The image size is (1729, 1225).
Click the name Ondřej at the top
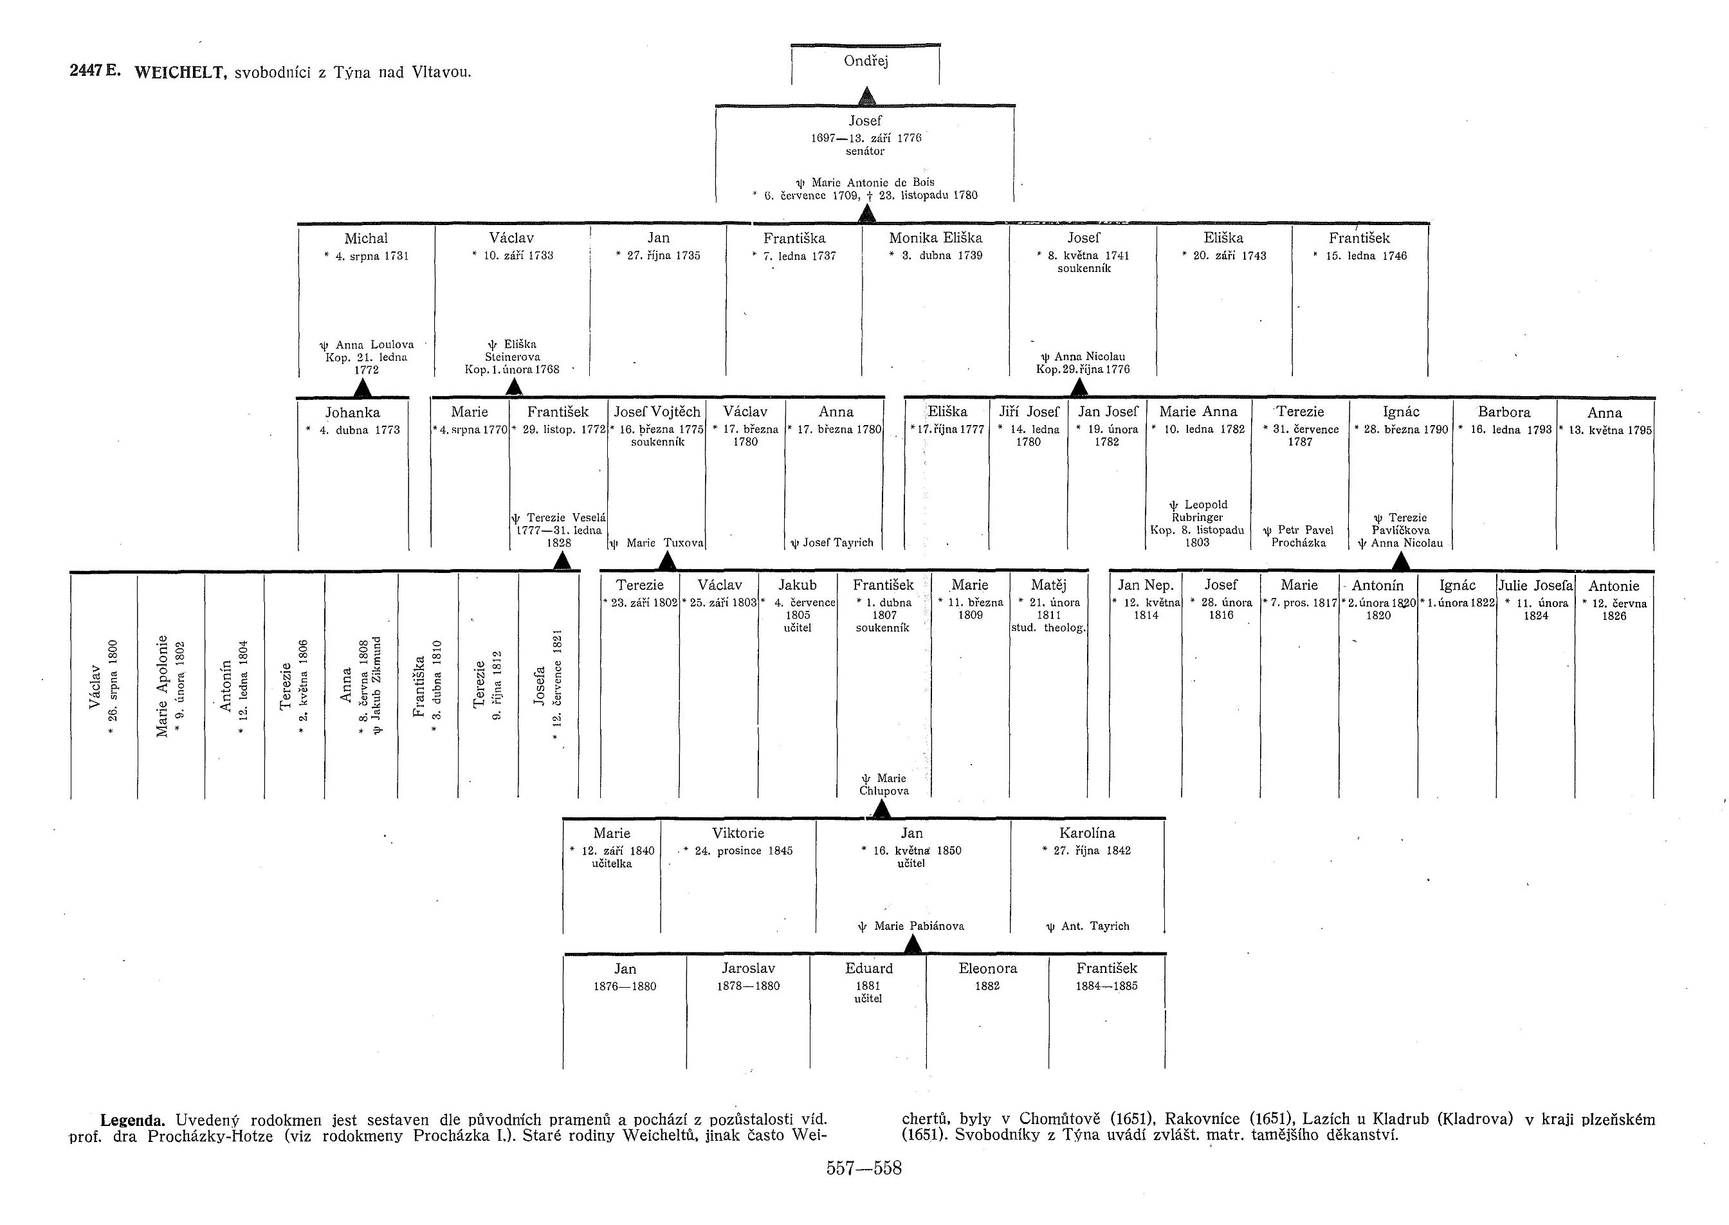click(x=865, y=62)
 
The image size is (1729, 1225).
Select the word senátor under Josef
click(x=864, y=152)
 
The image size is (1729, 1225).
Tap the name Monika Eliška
click(x=935, y=239)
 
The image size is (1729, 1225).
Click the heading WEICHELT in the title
click(x=180, y=73)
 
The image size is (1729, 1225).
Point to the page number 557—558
click(x=864, y=1168)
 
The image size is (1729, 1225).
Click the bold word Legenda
click(x=132, y=1120)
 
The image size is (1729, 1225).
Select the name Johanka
click(x=352, y=413)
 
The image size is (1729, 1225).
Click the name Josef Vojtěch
click(x=656, y=412)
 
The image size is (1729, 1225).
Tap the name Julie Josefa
click(x=1535, y=585)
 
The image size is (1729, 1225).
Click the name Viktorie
click(x=738, y=833)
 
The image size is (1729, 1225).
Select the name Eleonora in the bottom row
click(x=987, y=968)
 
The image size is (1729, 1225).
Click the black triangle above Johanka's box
click(x=363, y=388)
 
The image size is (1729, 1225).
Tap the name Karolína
click(x=1087, y=833)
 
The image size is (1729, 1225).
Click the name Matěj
click(x=1048, y=585)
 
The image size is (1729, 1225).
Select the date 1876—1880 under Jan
click(x=625, y=986)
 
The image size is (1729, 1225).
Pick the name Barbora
click(x=1505, y=412)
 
